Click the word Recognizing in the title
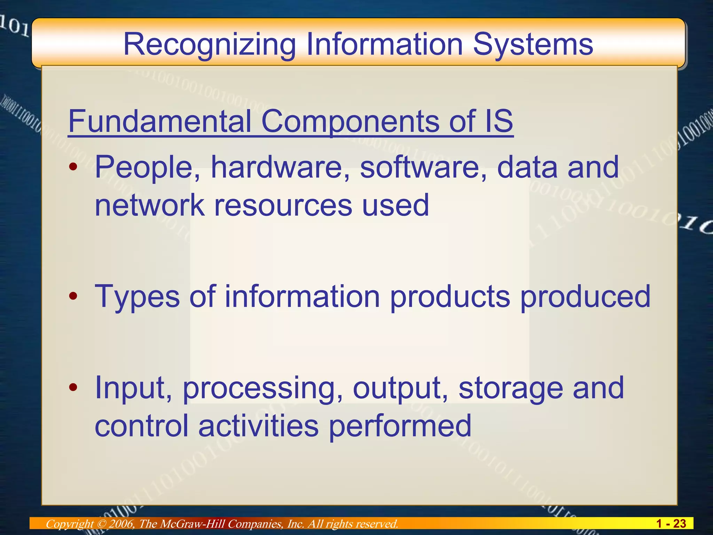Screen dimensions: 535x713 click(x=210, y=45)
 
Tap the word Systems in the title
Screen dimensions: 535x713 click(x=533, y=45)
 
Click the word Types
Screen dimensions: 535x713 click(x=137, y=297)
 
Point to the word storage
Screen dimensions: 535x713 click(x=510, y=388)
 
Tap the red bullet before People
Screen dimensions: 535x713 click(x=73, y=167)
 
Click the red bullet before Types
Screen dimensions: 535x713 click(x=73, y=296)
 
